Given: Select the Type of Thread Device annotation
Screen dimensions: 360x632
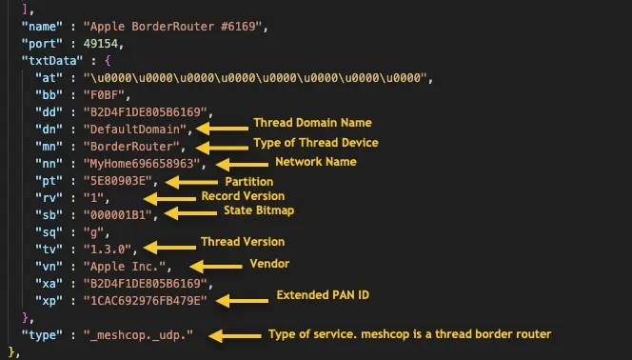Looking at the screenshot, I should pos(314,143).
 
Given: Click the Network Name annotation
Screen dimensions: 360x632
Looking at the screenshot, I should pos(315,162).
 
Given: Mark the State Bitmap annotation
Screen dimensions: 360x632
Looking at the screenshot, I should pos(259,210).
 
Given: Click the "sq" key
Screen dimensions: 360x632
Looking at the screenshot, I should pos(43,231).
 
